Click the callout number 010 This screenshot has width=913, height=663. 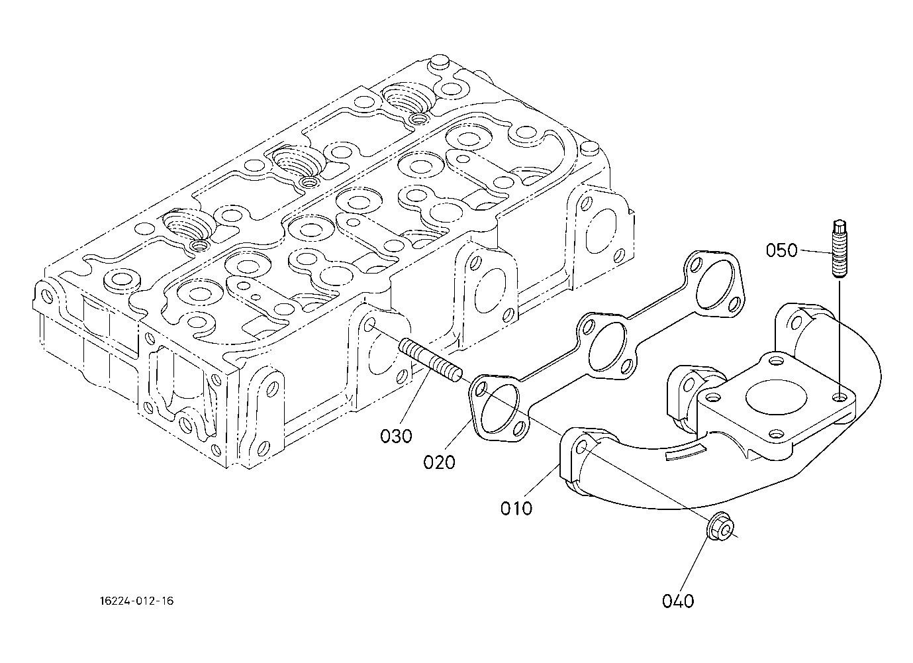click(516, 509)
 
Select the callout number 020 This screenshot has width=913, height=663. click(439, 462)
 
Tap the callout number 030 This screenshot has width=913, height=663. click(396, 436)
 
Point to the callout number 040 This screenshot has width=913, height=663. click(678, 601)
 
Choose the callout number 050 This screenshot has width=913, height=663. click(781, 250)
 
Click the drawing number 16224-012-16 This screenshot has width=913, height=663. click(136, 601)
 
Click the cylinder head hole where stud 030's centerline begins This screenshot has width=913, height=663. click(369, 325)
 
